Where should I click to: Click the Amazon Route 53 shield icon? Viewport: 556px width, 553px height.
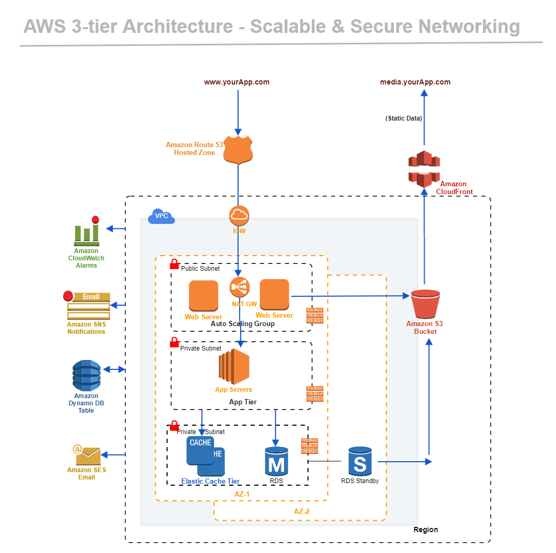coord(238,150)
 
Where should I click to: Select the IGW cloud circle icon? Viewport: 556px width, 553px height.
coord(239,215)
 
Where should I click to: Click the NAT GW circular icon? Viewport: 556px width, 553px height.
coord(240,287)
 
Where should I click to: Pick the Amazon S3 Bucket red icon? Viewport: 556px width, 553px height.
coord(424,304)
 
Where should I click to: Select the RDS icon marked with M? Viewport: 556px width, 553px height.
coord(277,461)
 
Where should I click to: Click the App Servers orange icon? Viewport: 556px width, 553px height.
coord(234,367)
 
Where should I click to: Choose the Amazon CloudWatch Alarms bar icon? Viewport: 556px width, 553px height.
coord(87,232)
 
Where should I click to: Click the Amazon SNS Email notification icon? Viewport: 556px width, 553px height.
coord(88,306)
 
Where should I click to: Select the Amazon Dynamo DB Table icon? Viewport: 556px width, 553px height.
coord(86,375)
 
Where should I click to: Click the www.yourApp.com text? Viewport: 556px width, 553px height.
coord(236,82)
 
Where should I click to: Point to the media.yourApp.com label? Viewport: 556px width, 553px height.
coord(415,82)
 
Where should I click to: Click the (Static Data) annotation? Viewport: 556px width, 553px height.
coord(404,118)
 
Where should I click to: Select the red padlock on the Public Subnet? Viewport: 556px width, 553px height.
coord(174,265)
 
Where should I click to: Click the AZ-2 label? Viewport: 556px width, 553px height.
coord(301,512)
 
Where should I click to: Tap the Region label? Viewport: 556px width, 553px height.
coord(425,530)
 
